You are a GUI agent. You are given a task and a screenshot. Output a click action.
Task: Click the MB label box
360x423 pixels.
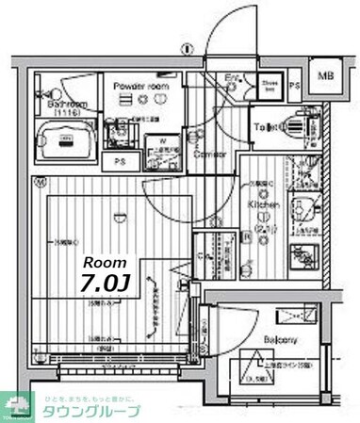[x=324, y=75]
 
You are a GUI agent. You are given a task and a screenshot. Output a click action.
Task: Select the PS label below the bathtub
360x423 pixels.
[x=120, y=160]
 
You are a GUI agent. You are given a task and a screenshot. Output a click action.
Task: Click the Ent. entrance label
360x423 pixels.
[x=233, y=77]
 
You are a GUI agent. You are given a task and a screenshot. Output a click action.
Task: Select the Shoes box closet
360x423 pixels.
[x=269, y=86]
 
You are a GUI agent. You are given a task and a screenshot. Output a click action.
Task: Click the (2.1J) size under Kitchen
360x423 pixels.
[x=263, y=226]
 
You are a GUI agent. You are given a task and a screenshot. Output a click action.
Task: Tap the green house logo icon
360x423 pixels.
[x=16, y=402]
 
